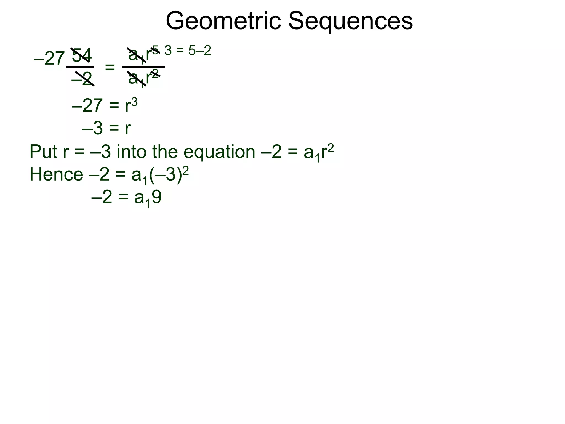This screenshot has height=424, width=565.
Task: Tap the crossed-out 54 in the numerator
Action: point(82,55)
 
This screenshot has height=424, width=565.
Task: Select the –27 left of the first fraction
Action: point(49,59)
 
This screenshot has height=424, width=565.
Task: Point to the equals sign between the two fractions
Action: point(110,67)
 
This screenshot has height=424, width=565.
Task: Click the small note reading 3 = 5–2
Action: point(188,51)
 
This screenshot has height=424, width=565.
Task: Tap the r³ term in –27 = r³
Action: point(131,105)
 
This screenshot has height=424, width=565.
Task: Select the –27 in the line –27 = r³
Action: point(87,105)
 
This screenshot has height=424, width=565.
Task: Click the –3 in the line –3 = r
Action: point(92,129)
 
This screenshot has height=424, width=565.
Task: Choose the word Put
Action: point(43,152)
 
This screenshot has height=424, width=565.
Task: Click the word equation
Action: point(219,152)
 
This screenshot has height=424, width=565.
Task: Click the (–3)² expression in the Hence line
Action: point(169,175)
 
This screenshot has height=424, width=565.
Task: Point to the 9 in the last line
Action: point(156,198)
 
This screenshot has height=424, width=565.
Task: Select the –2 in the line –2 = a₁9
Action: point(102,198)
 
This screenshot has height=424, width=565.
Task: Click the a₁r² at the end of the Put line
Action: point(319,152)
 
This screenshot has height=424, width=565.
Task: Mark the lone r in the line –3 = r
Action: point(128,129)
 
